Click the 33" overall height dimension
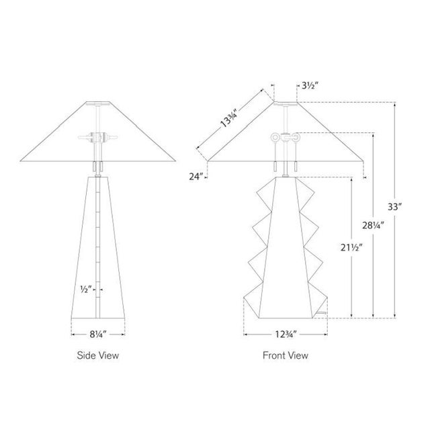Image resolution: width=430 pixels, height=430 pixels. pyautogui.click(x=394, y=206)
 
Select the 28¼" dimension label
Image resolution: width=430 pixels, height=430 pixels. pyautogui.click(x=373, y=226)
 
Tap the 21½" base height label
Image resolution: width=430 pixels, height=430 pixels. pyautogui.click(x=351, y=247)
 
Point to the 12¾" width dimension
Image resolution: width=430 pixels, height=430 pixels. pyautogui.click(x=286, y=335)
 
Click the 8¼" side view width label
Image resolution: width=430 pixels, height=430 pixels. pyautogui.click(x=98, y=335)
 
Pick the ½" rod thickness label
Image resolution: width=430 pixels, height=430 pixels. pyautogui.click(x=87, y=289)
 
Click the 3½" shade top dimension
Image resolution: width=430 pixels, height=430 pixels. pyautogui.click(x=310, y=86)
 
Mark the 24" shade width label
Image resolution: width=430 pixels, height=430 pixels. pyautogui.click(x=196, y=176)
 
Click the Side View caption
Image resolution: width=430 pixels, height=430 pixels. pyautogui.click(x=98, y=355)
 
